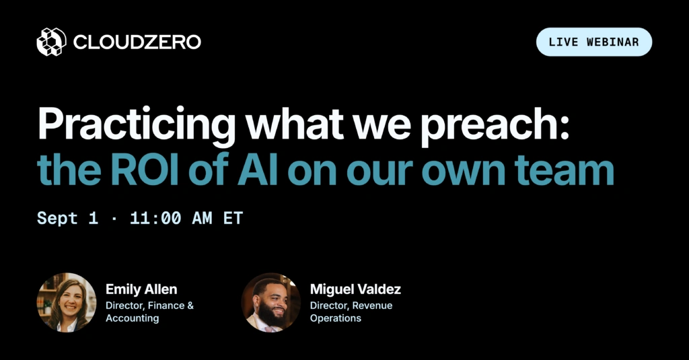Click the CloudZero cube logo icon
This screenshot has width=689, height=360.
(x=51, y=42)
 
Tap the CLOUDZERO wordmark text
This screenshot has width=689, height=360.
(x=137, y=42)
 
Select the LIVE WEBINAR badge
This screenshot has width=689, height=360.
(x=594, y=42)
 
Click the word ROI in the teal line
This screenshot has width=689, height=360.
(x=144, y=170)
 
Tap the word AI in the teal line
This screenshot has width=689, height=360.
(x=257, y=170)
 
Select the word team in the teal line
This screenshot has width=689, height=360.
(x=565, y=170)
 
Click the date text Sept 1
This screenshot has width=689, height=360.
(x=67, y=219)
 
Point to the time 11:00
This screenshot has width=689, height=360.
(x=155, y=218)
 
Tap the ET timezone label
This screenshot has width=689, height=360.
(x=233, y=218)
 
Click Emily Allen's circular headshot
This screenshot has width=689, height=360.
(x=67, y=302)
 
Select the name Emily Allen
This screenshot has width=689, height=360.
(x=141, y=289)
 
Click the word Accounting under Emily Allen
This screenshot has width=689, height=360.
(x=133, y=318)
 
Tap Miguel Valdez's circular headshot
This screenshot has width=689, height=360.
(x=270, y=302)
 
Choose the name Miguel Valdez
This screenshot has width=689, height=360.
(x=355, y=289)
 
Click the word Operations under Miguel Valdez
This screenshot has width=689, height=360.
(x=336, y=318)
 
